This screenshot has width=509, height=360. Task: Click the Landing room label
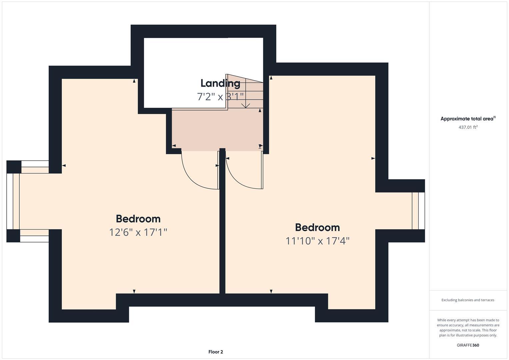coord(220,83)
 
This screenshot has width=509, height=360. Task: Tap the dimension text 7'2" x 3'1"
coord(220,97)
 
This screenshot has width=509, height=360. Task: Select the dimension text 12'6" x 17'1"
coord(138,232)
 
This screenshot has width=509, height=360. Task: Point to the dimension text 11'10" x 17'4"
coord(317,241)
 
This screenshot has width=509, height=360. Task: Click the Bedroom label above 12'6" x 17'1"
coord(138,219)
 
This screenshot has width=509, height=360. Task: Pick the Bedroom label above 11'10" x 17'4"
coord(317,228)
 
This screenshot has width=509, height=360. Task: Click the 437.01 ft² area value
coord(468,127)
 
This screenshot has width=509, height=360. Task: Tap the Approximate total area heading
coord(467,119)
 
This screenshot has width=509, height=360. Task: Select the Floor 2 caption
coord(216,352)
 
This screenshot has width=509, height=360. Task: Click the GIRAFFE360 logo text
coord(468,345)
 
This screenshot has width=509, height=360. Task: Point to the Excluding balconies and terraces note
coord(468,300)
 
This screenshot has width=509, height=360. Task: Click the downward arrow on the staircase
coord(246,105)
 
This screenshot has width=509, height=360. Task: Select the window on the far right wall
coord(418,211)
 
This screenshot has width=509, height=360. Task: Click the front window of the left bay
coord(10,201)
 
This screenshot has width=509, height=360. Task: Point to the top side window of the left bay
coord(35,164)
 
